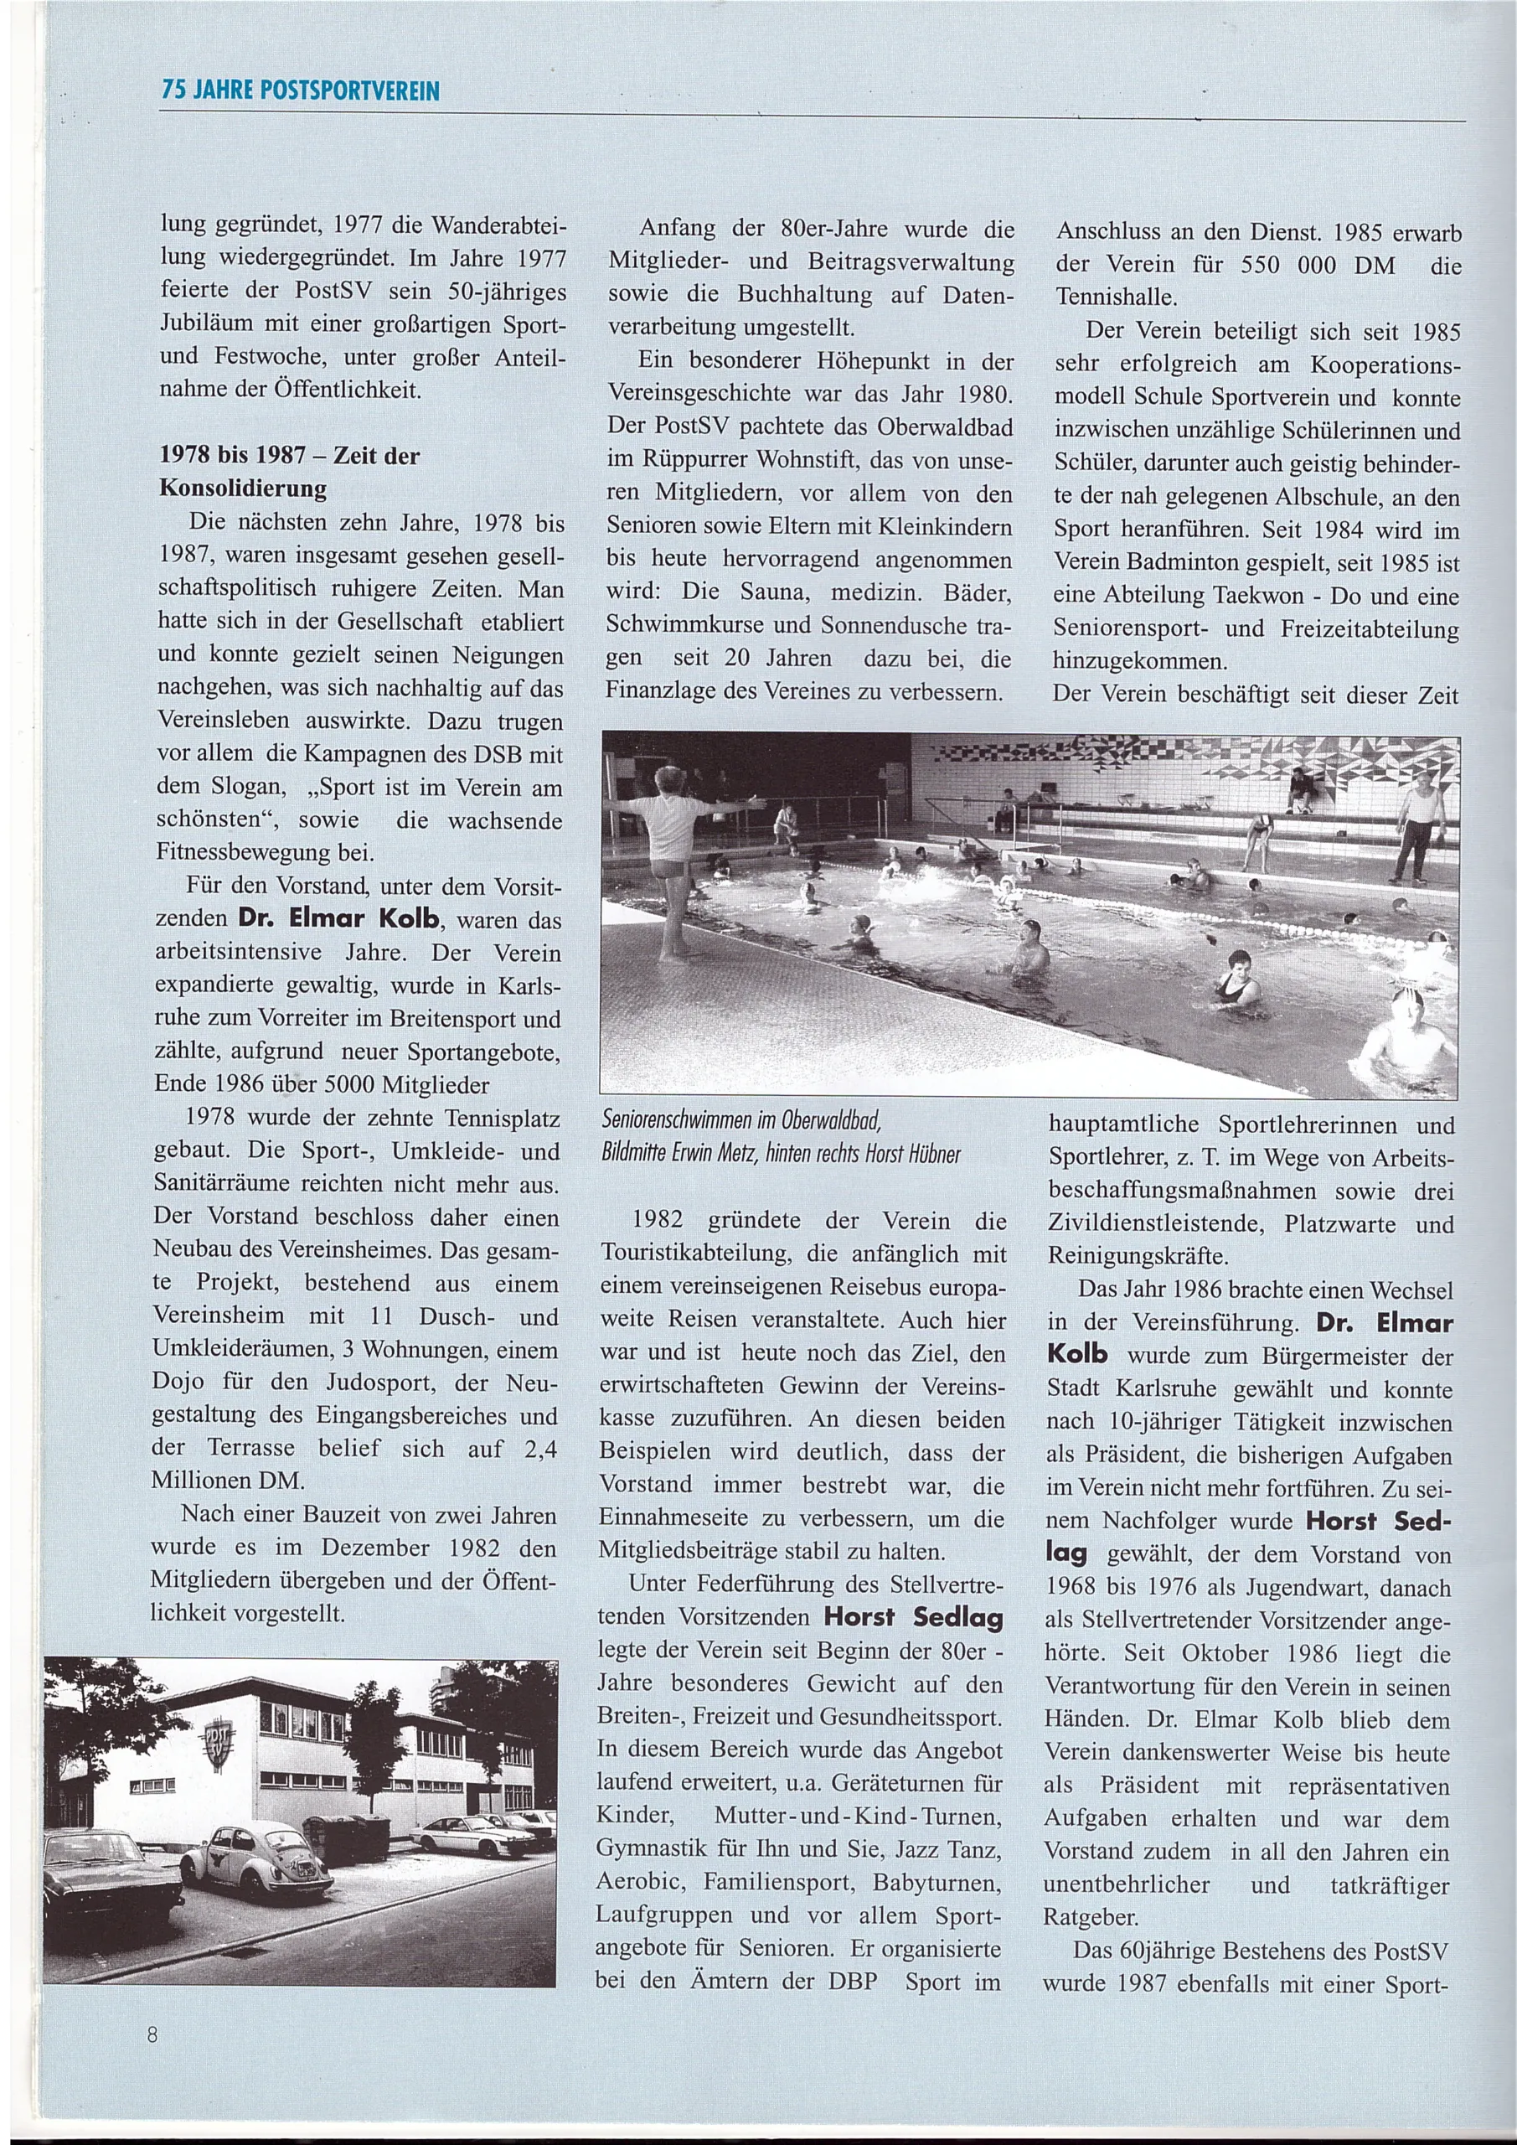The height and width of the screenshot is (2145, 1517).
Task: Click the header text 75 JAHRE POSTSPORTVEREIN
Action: point(300,91)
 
